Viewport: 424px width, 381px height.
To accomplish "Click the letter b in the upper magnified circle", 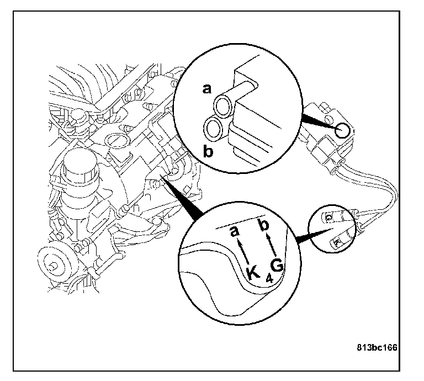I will [x=208, y=151].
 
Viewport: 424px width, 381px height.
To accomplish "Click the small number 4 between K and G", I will [x=268, y=279].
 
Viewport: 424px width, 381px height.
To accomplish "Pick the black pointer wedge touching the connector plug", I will [x=318, y=123].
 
